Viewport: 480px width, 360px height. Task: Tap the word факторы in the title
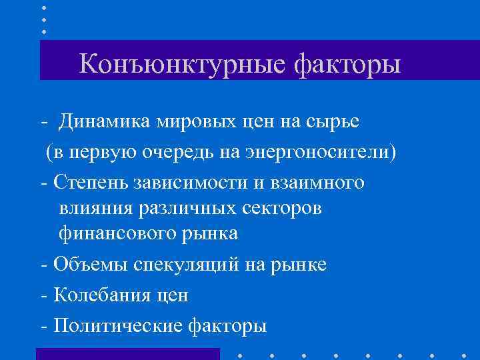(347, 65)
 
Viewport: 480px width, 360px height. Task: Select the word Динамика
(105, 122)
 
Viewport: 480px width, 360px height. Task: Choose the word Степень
(89, 181)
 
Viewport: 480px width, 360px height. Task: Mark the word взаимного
(313, 181)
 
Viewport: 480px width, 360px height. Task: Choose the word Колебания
(97, 293)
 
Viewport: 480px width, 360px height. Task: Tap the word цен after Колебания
(170, 294)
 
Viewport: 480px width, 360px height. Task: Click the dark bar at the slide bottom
(127, 353)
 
